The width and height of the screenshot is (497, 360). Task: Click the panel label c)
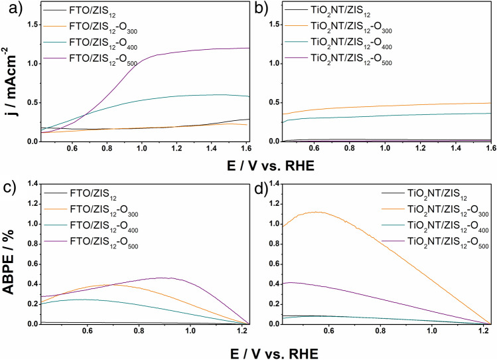(9, 186)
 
